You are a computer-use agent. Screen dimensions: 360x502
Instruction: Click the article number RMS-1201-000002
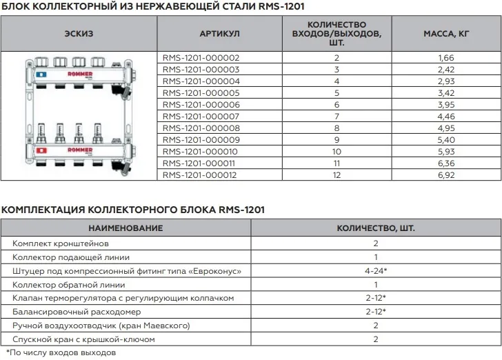(200, 59)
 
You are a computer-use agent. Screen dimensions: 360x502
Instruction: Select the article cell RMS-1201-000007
(200, 117)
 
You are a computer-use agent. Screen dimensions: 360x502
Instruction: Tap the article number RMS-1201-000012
(200, 176)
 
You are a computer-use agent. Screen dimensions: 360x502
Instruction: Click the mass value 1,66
(446, 59)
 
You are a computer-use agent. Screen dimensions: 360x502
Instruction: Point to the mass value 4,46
(446, 117)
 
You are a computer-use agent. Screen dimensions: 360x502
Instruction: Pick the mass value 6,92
(446, 176)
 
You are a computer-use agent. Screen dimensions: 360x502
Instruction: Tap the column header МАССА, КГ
(446, 33)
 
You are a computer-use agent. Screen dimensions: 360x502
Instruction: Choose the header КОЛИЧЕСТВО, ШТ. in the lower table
(376, 228)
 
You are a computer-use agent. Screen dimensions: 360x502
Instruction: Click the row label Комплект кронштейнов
(61, 243)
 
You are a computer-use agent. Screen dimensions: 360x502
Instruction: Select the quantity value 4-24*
(376, 271)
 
